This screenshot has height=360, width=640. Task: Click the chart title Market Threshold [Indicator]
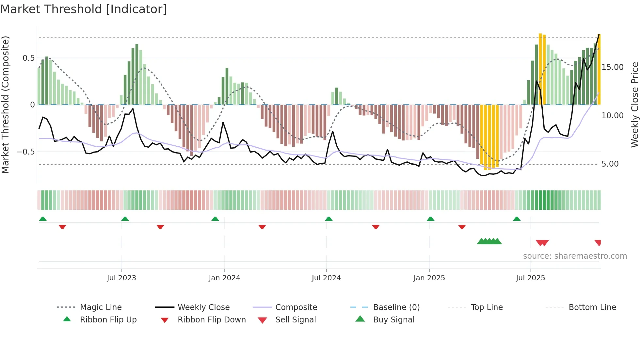click(84, 9)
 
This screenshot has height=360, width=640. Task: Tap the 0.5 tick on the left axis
click(28, 58)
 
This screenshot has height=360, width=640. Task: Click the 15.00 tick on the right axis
click(612, 67)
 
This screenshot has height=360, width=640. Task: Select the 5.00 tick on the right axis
click(610, 164)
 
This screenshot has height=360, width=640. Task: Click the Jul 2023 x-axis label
click(121, 278)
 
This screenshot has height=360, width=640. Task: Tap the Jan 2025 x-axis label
click(429, 278)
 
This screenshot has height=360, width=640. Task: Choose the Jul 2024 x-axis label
click(326, 278)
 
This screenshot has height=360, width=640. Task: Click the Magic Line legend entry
click(101, 307)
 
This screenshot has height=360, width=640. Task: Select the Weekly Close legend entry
click(203, 307)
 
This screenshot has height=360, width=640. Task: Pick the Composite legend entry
click(296, 307)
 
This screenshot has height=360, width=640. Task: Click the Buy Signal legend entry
click(393, 320)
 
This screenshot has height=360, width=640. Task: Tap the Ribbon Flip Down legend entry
click(212, 320)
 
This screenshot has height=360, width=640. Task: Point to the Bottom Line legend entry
click(592, 307)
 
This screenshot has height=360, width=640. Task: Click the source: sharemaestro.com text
click(575, 256)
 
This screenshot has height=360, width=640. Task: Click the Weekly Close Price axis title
click(634, 105)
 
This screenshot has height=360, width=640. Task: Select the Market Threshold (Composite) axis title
click(5, 105)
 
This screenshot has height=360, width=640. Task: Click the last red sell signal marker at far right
click(598, 243)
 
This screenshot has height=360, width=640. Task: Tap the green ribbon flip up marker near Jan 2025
click(430, 219)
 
